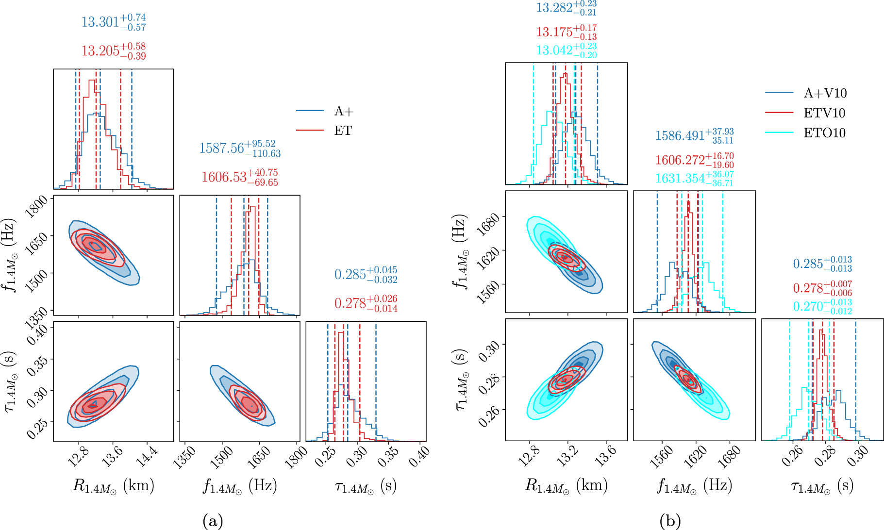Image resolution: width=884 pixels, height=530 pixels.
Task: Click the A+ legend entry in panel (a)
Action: point(343,111)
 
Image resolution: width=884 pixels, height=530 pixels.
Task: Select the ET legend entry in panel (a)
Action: point(343,131)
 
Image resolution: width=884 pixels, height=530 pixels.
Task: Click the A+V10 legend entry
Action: point(825,93)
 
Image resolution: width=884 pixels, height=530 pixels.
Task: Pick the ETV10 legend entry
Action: point(824,113)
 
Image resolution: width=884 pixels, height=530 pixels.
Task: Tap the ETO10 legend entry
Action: point(824,133)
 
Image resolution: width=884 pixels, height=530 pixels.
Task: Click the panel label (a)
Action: point(212,521)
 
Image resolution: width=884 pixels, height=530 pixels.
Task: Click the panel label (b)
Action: point(670,521)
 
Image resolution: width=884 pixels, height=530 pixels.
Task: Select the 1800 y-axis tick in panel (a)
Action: point(36,206)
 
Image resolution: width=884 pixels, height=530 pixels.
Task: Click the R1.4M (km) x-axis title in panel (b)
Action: point(566,485)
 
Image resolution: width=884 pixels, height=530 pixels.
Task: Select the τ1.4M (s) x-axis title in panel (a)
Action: point(366,485)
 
